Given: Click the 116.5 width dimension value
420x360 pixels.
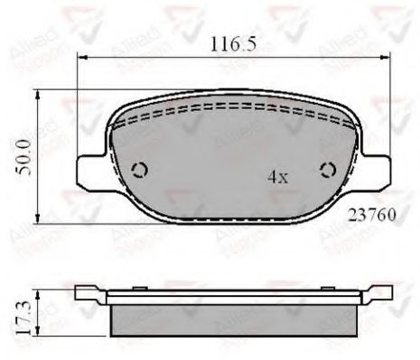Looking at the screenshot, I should [228, 42].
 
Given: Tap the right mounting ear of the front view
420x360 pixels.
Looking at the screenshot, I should [375, 169].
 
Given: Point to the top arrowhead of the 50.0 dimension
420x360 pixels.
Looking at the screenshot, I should [37, 93].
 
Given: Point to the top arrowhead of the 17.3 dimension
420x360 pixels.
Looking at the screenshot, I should [37, 291].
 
